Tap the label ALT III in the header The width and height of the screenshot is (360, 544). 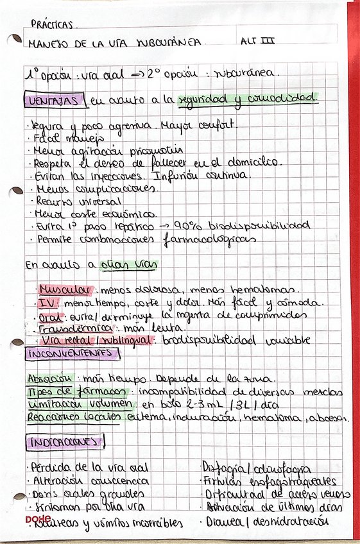(257, 41)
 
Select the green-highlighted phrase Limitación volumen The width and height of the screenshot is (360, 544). (80, 405)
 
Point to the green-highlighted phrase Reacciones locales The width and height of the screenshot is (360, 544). (78, 418)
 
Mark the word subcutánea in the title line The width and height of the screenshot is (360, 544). (169, 42)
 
